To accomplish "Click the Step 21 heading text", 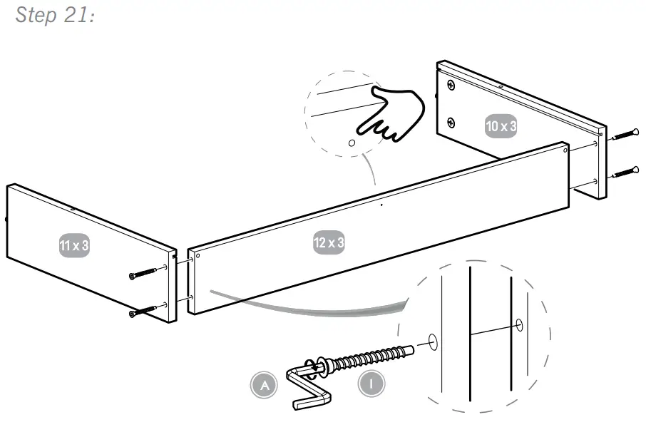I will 56,15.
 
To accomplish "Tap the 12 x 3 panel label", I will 329,242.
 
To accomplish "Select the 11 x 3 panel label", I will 74,246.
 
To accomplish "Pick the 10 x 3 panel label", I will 501,126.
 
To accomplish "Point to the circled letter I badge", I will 371,384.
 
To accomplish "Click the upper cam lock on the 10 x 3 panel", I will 451,86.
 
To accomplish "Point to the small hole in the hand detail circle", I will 351,143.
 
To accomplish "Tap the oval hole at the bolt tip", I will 433,341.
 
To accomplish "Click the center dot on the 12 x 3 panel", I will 381,205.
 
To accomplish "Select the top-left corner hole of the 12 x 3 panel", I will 198,255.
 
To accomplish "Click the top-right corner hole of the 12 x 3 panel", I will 565,150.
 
